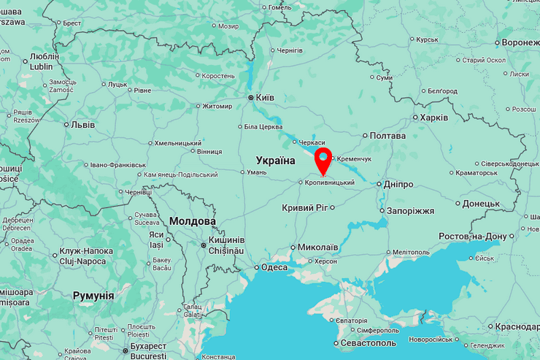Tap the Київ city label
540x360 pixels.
[265, 96]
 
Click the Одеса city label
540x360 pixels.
[274, 267]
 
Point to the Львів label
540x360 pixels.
[82, 124]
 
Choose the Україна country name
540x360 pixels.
[275, 160]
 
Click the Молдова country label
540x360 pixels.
[192, 221]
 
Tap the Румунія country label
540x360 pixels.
[93, 296]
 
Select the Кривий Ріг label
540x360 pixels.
[304, 208]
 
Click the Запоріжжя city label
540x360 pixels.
[410, 210]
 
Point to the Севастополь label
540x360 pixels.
[369, 343]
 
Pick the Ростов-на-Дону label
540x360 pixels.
[473, 237]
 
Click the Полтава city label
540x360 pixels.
[387, 136]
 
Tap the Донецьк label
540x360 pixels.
[481, 204]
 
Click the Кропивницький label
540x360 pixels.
[329, 182]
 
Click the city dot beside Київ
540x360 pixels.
[251, 96]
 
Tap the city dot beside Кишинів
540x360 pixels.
[204, 245]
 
